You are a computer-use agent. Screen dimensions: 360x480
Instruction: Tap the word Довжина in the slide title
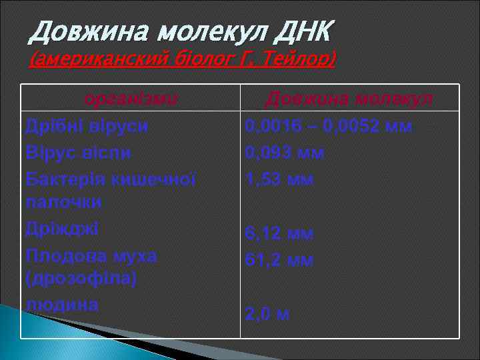(x=81, y=29)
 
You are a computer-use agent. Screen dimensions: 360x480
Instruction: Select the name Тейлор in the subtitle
(x=297, y=60)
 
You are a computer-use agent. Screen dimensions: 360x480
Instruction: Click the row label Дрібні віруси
(x=87, y=125)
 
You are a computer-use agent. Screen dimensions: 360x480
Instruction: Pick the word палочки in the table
(x=63, y=201)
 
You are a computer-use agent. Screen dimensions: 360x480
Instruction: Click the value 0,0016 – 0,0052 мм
(x=328, y=126)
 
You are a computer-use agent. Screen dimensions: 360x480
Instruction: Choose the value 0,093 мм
(x=285, y=153)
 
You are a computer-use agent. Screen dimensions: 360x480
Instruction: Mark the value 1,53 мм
(x=279, y=179)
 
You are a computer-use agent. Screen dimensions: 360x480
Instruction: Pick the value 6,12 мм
(x=279, y=233)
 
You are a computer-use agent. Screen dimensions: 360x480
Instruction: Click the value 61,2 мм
(x=279, y=259)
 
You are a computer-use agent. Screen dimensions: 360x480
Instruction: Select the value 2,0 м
(x=267, y=314)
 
